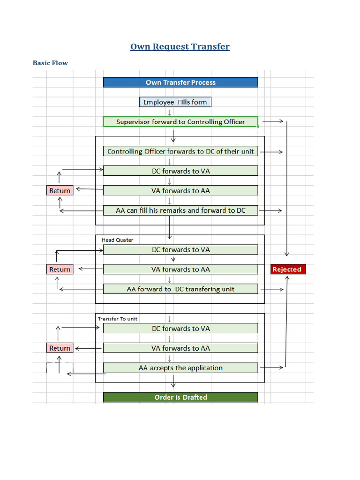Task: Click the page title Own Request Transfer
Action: click(x=180, y=46)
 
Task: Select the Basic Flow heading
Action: click(x=50, y=63)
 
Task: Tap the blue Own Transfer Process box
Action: click(x=180, y=82)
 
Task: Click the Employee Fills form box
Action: click(x=175, y=102)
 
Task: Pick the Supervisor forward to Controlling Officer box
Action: click(x=180, y=122)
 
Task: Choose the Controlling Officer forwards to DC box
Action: click(x=180, y=151)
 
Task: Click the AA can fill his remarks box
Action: click(x=180, y=210)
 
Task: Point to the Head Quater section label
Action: click(x=117, y=240)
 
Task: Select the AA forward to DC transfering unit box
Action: click(x=180, y=289)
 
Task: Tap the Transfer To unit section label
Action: click(x=118, y=319)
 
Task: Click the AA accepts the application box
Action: click(x=180, y=368)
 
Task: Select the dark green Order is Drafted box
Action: click(x=180, y=397)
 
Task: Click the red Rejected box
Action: click(x=288, y=270)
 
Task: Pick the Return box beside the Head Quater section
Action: click(x=60, y=270)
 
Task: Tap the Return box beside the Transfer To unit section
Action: click(x=60, y=348)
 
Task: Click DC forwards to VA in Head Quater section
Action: click(x=180, y=250)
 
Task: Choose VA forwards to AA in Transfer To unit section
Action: click(x=180, y=348)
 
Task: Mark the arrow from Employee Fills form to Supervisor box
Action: click(x=170, y=112)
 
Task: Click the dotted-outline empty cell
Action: click(x=60, y=368)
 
